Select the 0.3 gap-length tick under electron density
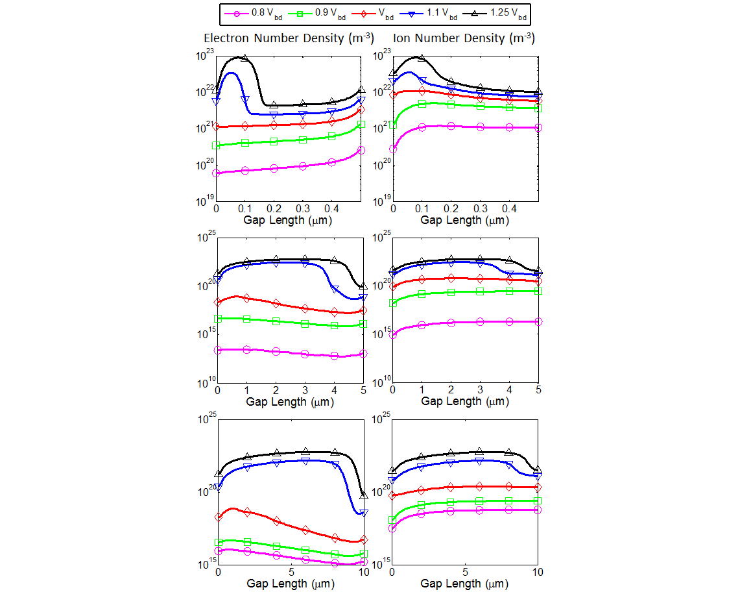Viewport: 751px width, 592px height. click(x=303, y=209)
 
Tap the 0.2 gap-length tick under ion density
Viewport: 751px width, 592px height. click(x=451, y=209)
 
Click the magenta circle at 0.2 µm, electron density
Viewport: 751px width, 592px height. click(x=274, y=168)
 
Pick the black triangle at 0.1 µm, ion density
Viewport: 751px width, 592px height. click(x=422, y=58)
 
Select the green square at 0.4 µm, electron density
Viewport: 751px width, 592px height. click(x=332, y=136)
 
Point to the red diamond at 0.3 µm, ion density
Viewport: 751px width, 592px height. click(x=480, y=98)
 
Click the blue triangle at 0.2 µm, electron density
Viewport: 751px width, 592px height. click(x=274, y=115)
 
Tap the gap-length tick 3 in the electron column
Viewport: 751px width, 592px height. click(x=305, y=391)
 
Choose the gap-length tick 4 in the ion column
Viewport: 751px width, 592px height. click(x=509, y=391)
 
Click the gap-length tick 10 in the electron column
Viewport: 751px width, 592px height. click(x=363, y=573)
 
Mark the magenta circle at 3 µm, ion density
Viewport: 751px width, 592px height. click(x=480, y=321)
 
